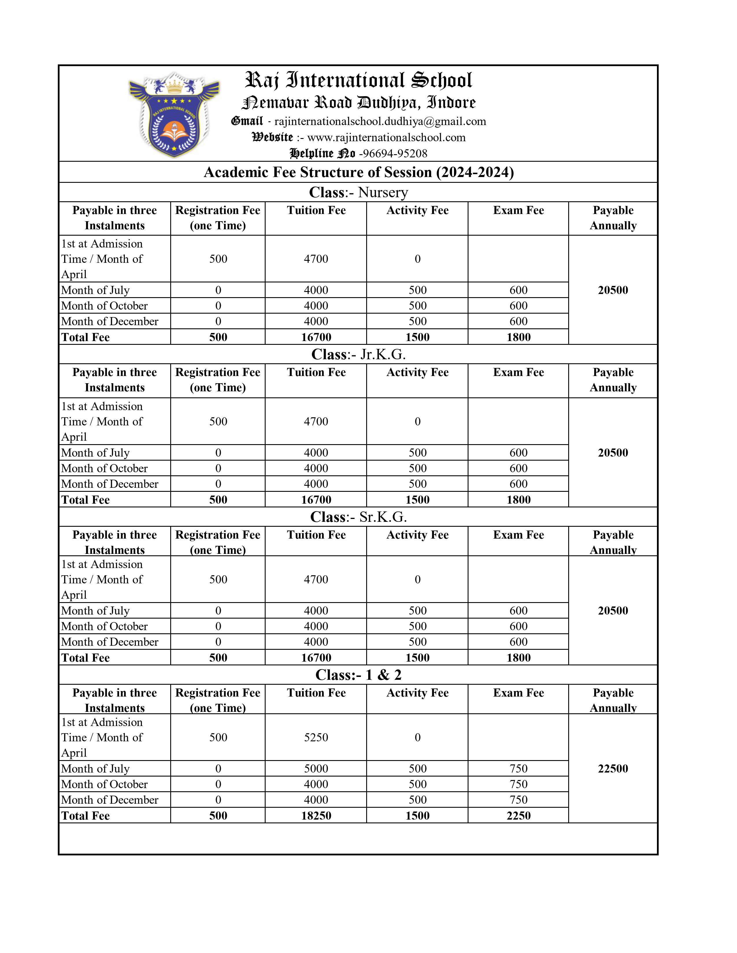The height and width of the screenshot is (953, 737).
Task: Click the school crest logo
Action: click(174, 115)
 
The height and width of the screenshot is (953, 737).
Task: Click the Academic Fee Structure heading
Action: click(358, 172)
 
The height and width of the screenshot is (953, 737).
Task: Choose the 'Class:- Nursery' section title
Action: click(358, 192)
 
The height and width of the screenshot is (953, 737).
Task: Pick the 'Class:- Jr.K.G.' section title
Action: click(358, 354)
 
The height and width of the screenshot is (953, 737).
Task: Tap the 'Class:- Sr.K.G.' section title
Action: click(358, 517)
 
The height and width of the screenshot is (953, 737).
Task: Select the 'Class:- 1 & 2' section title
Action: click(358, 675)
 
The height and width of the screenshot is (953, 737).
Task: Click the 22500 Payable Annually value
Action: click(612, 769)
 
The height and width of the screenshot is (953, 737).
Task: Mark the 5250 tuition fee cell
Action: click(316, 738)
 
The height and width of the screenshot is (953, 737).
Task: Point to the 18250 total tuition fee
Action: click(316, 816)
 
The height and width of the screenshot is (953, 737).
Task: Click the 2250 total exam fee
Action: click(518, 816)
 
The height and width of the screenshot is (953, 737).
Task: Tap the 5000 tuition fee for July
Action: click(316, 769)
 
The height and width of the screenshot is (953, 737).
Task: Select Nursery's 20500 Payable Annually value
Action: click(612, 290)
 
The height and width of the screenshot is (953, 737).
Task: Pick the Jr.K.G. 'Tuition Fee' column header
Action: click(316, 373)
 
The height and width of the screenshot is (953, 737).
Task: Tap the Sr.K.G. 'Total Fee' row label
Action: click(86, 658)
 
